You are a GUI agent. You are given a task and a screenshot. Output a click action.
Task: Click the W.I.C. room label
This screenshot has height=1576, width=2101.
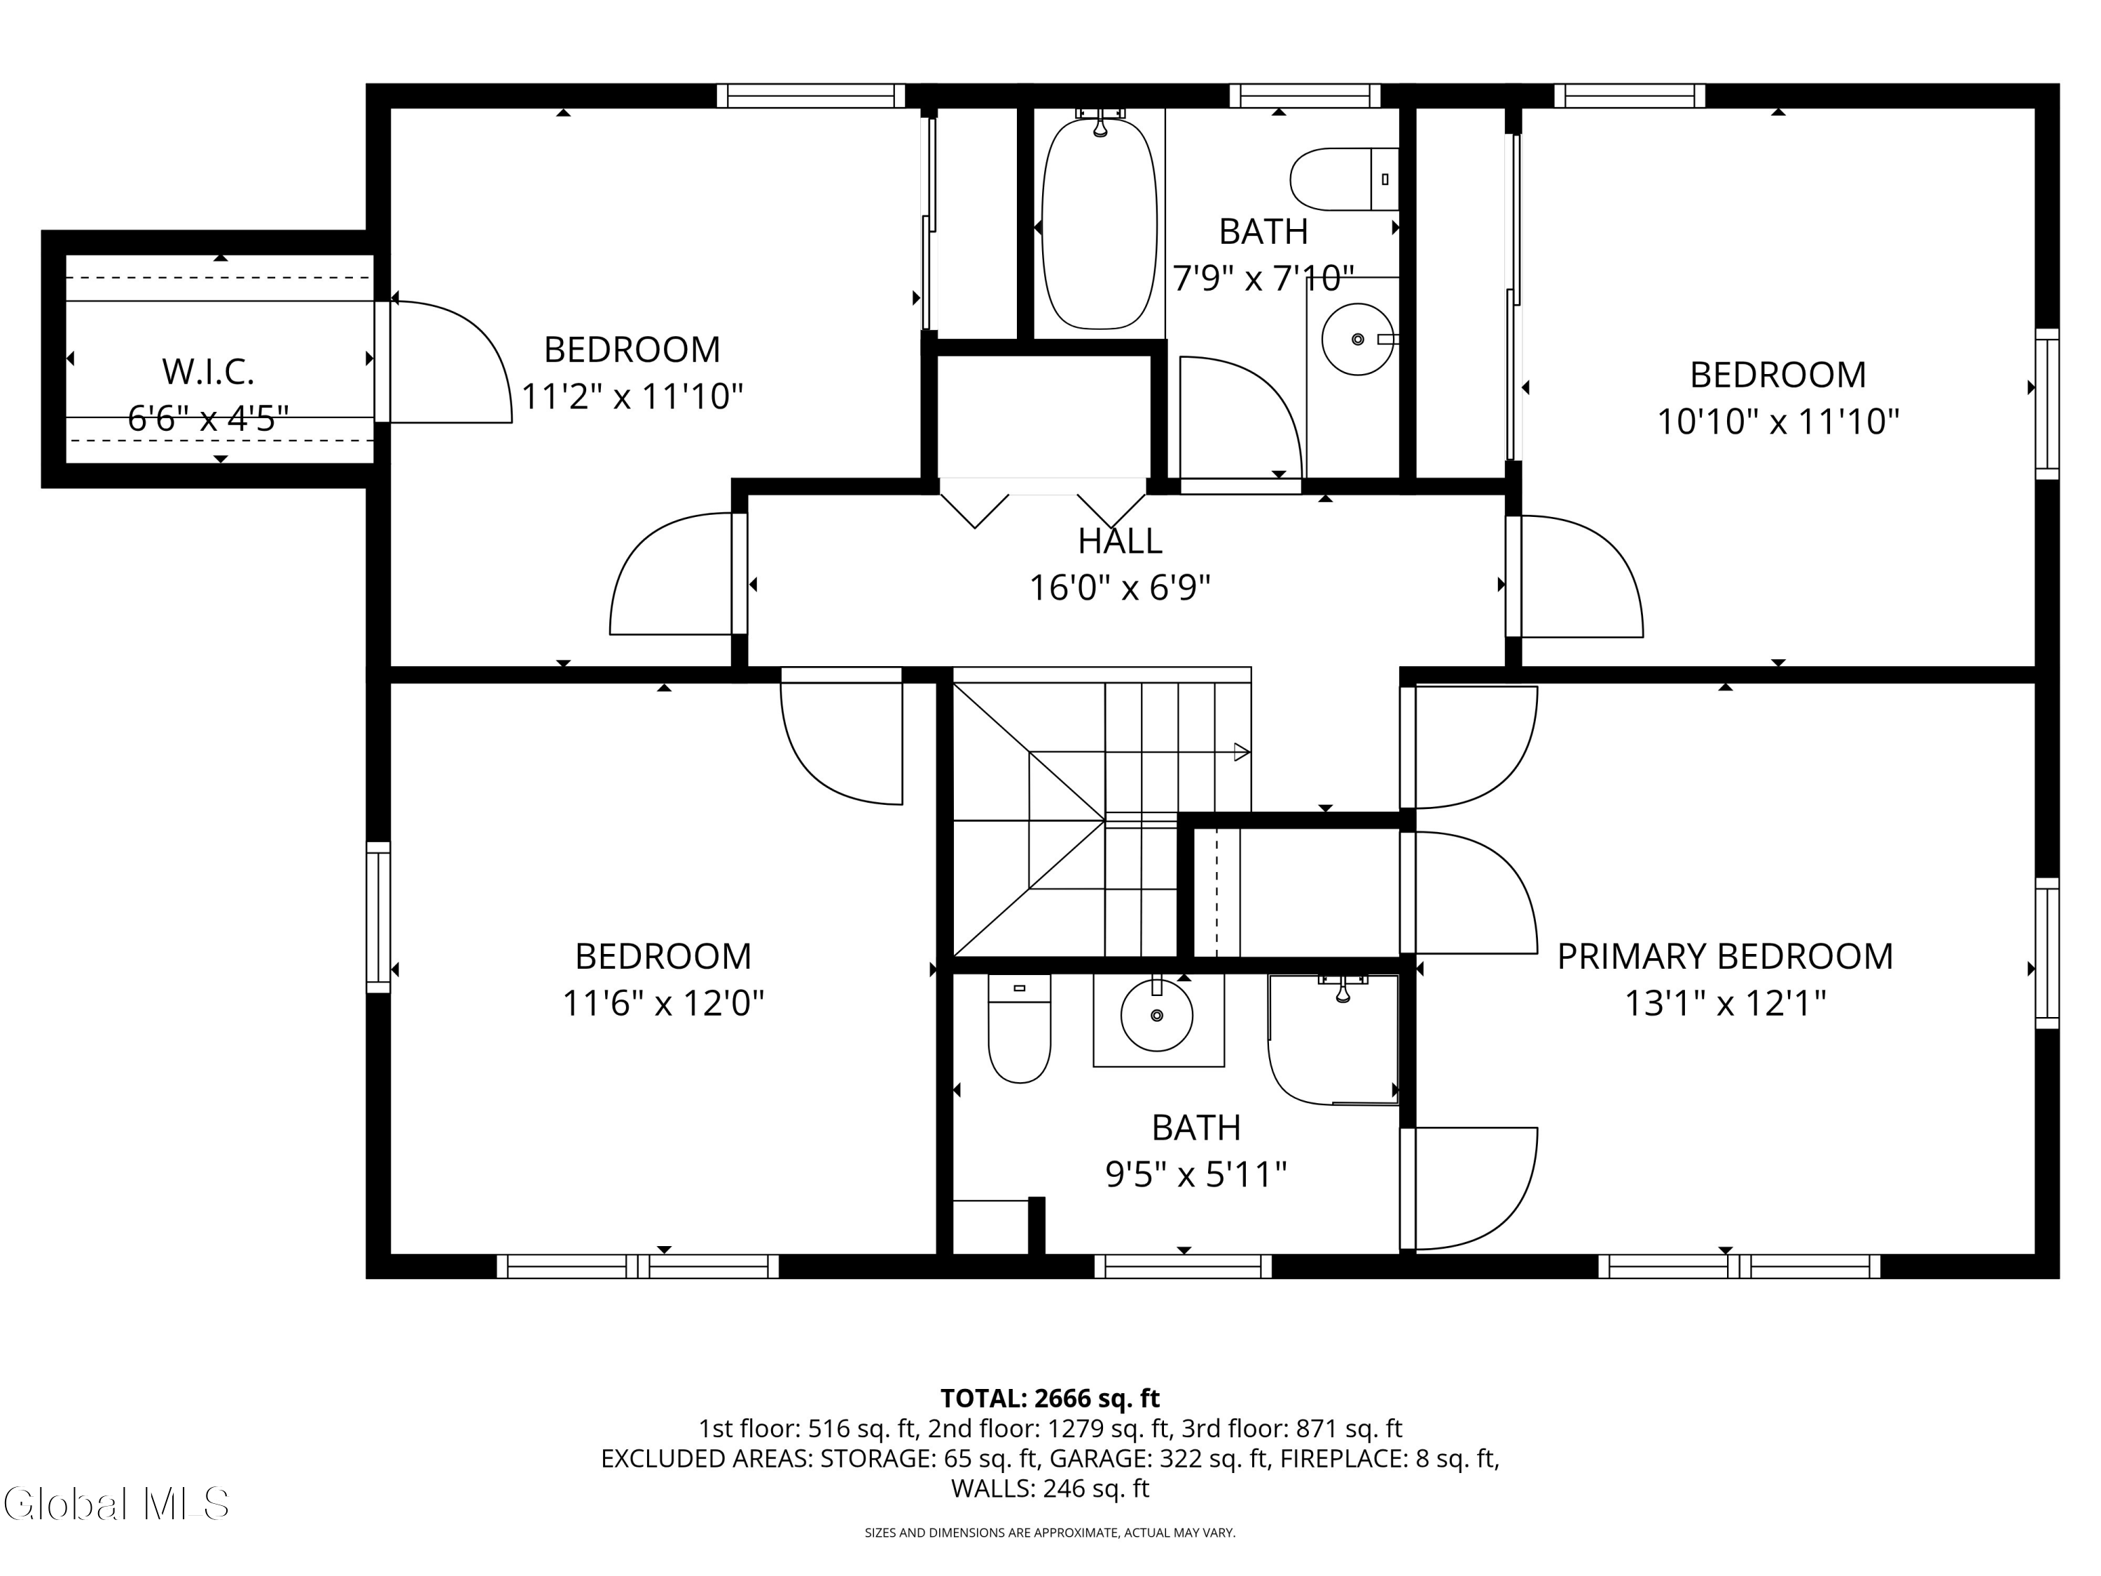(x=208, y=371)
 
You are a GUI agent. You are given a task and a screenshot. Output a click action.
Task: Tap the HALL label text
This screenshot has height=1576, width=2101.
(x=1120, y=541)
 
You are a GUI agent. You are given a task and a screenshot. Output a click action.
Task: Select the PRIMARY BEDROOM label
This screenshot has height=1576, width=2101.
(x=1725, y=955)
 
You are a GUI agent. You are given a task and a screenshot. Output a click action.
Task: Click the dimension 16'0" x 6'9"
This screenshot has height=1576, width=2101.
(x=1120, y=588)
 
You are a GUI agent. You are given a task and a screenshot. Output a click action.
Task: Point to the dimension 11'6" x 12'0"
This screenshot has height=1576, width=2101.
(x=663, y=1002)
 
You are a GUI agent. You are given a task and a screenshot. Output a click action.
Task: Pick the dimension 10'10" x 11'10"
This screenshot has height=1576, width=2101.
(x=1778, y=421)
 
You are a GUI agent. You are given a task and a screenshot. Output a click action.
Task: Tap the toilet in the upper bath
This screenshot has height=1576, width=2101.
(x=1344, y=179)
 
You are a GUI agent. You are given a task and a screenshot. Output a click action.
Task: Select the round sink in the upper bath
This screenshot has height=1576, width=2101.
(x=1358, y=339)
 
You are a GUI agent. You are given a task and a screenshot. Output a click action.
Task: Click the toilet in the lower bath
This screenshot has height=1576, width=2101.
(x=1019, y=1028)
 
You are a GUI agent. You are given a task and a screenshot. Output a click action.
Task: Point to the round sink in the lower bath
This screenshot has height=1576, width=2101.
(x=1157, y=1016)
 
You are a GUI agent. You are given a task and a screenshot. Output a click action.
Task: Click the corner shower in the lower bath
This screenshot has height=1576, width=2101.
(x=1333, y=1039)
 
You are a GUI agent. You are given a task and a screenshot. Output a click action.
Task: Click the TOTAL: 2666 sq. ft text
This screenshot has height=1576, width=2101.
(x=1050, y=1398)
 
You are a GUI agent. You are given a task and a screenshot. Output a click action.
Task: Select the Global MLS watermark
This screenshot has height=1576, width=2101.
(x=115, y=1504)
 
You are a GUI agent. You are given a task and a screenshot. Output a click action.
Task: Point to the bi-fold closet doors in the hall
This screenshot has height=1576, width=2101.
(x=1042, y=504)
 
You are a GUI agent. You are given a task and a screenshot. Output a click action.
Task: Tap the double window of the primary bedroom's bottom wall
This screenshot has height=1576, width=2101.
(x=1739, y=1266)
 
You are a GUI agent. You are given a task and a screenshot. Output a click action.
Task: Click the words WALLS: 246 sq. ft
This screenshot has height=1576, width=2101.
(x=1050, y=1488)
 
